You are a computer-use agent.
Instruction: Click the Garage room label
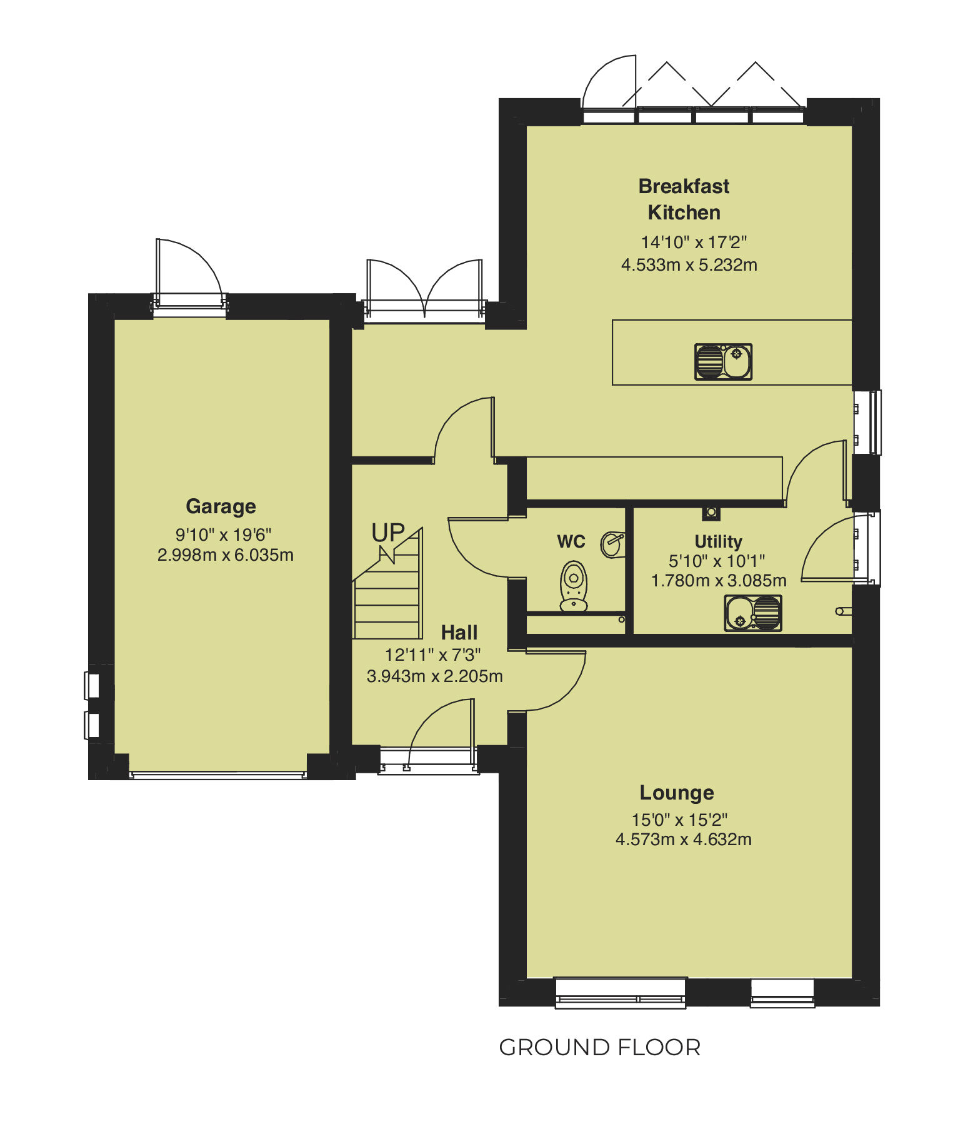tap(221, 506)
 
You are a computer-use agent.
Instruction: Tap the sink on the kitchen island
tap(723, 362)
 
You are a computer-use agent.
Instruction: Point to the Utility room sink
tap(752, 613)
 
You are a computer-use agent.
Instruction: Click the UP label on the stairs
tap(388, 533)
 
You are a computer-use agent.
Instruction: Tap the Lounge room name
tap(677, 793)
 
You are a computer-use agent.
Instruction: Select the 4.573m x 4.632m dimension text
tap(683, 839)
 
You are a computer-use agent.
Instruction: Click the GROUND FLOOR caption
tap(599, 1047)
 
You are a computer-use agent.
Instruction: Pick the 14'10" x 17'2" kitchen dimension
tap(694, 242)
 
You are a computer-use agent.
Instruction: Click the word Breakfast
tap(684, 186)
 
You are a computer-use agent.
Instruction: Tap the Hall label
tap(459, 633)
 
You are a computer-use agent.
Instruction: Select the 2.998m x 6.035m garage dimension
tap(225, 554)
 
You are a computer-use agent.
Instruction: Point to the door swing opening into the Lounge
tap(556, 681)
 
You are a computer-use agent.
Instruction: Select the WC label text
tap(571, 541)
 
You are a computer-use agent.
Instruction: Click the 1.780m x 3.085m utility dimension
tap(719, 581)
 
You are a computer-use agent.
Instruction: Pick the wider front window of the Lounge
tap(621, 993)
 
